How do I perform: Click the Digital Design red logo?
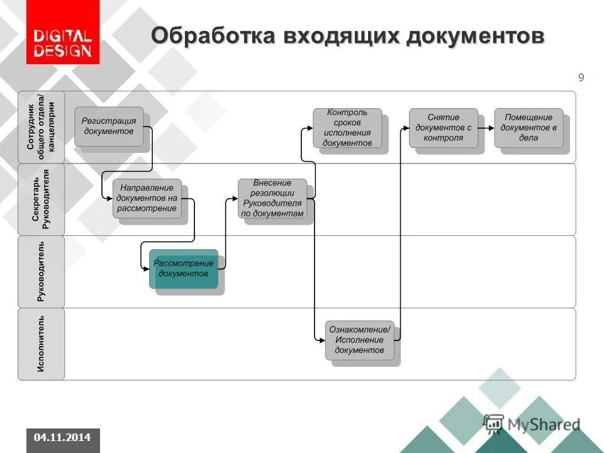point(62,33)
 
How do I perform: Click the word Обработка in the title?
point(205,36)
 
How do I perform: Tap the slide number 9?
point(581,77)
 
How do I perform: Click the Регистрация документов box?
point(109,126)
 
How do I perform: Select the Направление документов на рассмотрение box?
point(147,198)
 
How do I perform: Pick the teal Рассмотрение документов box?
point(184,269)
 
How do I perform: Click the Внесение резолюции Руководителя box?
point(272,198)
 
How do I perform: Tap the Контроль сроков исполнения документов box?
point(347,128)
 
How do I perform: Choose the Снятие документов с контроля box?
point(443,128)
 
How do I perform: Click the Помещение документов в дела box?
point(528,128)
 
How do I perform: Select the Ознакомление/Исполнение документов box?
point(359,340)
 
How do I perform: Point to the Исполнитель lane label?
point(41,344)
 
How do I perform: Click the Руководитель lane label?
point(41,271)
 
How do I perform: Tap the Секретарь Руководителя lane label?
point(41,199)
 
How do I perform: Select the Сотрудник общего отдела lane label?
point(41,127)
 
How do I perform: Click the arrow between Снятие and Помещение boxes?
point(486,128)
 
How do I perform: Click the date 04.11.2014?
point(62,437)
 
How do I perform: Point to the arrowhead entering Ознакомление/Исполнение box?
point(322,340)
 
